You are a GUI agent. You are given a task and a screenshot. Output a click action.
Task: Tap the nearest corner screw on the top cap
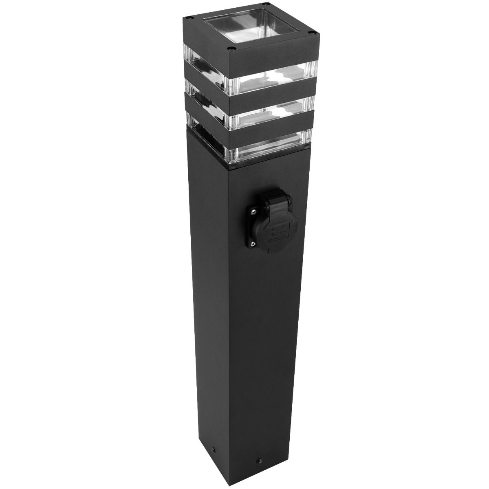tap(232, 48)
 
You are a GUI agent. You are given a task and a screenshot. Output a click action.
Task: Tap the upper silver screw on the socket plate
tap(253, 211)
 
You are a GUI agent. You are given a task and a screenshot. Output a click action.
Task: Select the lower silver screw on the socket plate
tap(253, 244)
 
